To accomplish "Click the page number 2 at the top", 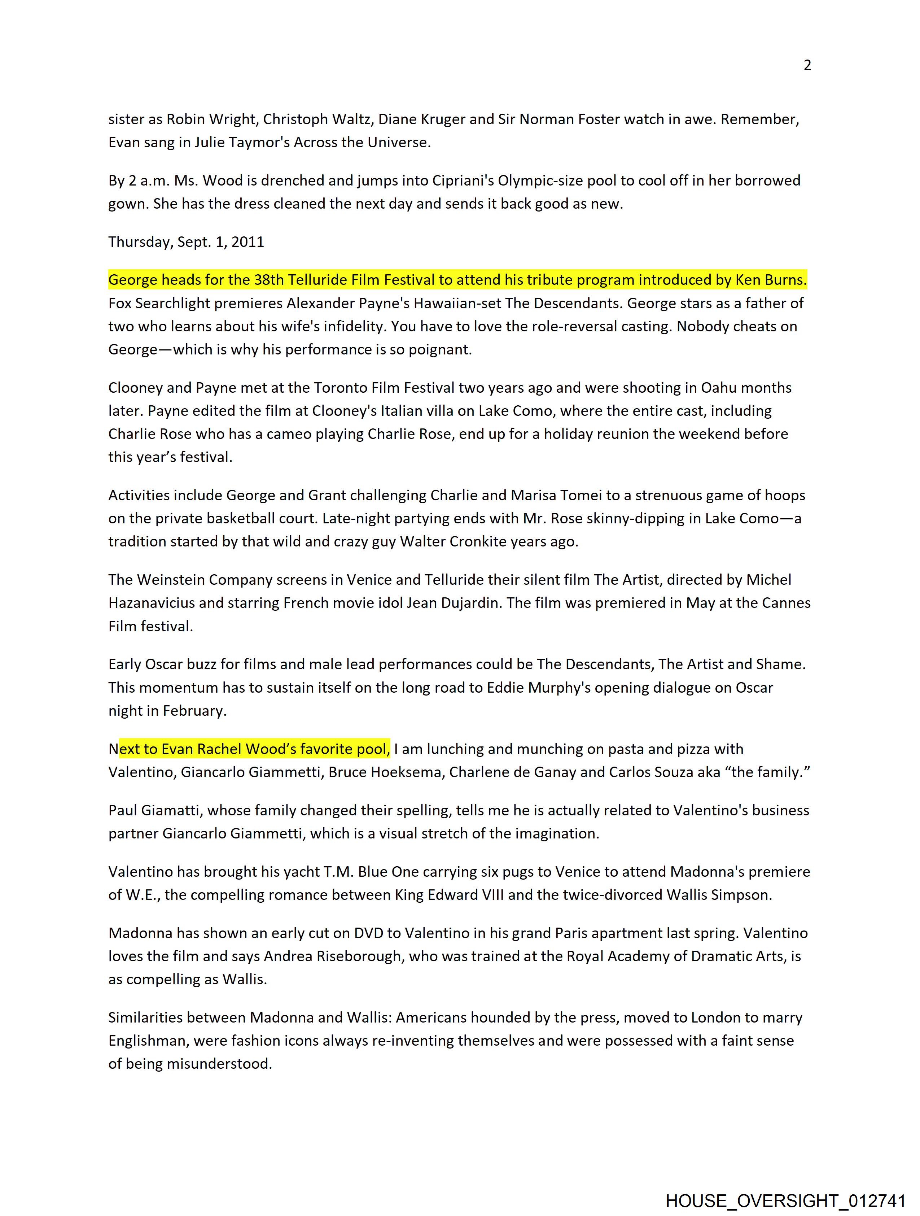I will pyautogui.click(x=807, y=65).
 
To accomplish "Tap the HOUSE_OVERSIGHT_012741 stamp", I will pyautogui.click(x=785, y=1200).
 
